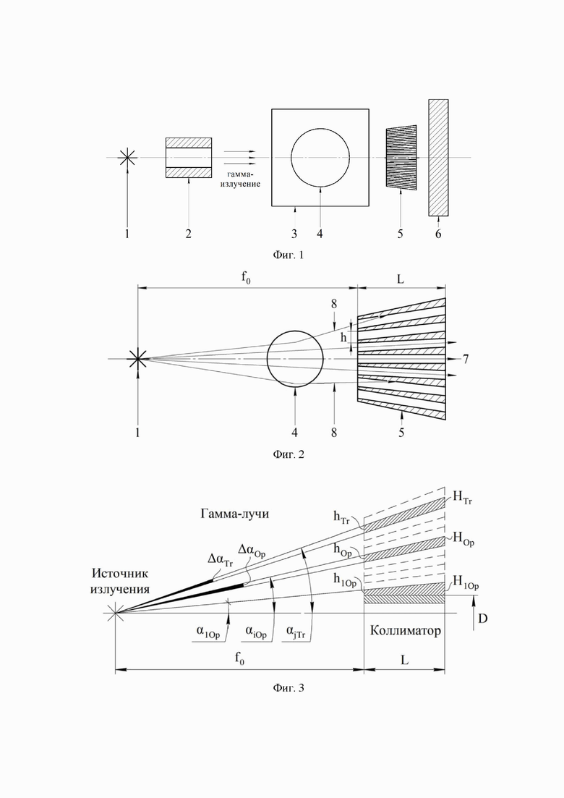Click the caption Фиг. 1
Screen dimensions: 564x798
(288, 255)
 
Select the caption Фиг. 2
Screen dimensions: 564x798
(288, 454)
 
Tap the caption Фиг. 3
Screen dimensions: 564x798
(289, 688)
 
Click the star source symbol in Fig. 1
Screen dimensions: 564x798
(127, 158)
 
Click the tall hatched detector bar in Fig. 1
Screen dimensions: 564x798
(438, 157)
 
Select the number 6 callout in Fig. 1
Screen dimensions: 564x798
(438, 234)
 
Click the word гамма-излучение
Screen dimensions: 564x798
(240, 179)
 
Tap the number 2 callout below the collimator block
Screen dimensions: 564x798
(188, 234)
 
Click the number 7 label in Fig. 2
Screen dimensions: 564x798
(466, 359)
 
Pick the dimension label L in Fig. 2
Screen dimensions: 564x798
(401, 279)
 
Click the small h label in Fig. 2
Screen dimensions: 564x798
(343, 336)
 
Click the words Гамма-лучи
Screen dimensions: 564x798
(234, 514)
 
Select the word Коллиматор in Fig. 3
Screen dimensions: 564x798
(406, 631)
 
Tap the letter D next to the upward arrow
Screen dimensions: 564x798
(482, 619)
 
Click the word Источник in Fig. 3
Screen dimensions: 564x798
(120, 574)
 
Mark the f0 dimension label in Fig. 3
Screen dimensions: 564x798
(239, 658)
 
